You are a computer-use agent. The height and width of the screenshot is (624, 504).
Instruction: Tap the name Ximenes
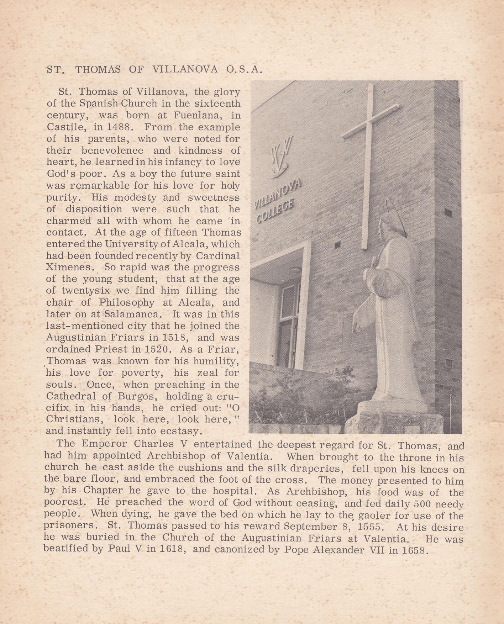70,268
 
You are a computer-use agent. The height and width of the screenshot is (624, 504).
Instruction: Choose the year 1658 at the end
413,550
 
